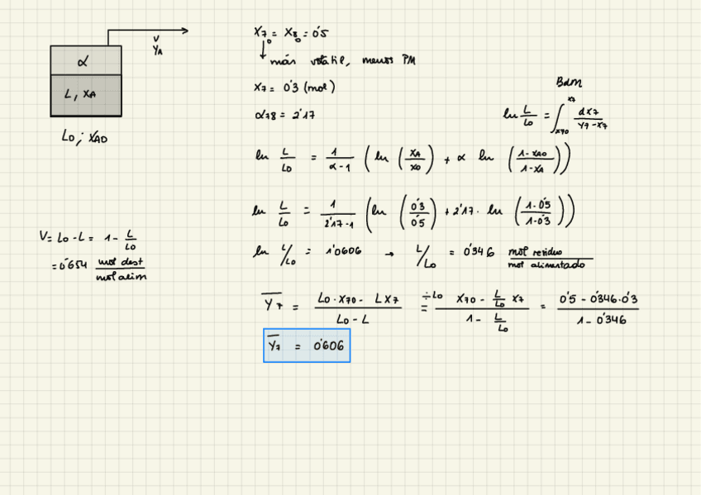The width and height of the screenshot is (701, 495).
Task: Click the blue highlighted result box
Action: click(x=307, y=345)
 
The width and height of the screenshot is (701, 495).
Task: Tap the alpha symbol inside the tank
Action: click(x=82, y=61)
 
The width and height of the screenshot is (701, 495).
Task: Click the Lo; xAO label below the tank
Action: click(x=84, y=138)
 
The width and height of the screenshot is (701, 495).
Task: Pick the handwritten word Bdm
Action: click(x=569, y=83)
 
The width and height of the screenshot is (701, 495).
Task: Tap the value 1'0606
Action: click(x=341, y=251)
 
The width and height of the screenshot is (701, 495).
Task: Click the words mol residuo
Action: click(x=535, y=252)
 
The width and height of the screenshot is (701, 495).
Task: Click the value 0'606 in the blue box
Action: click(x=328, y=345)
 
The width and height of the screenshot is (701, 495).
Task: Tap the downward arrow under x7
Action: click(x=263, y=50)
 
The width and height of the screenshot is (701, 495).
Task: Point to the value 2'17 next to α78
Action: click(x=303, y=115)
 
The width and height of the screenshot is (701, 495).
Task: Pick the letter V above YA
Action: click(x=156, y=39)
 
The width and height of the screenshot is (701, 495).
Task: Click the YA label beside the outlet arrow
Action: click(x=158, y=51)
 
